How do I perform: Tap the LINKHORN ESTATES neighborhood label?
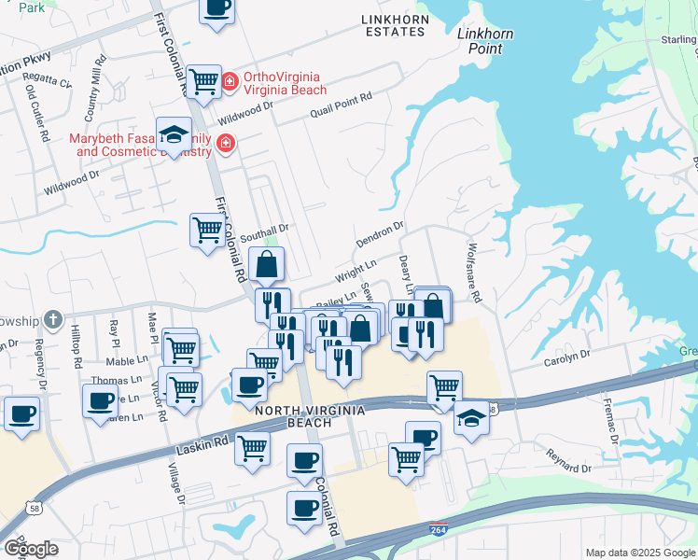(x=393, y=24)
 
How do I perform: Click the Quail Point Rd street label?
(x=342, y=100)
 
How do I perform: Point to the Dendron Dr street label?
(x=379, y=234)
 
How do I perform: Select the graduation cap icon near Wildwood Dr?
(x=174, y=135)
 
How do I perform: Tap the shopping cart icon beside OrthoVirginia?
(x=203, y=80)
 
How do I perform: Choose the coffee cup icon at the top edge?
(x=216, y=8)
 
